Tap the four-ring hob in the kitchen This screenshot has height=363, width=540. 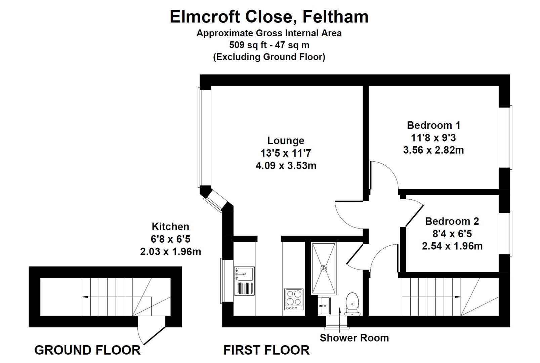pyautogui.click(x=294, y=299)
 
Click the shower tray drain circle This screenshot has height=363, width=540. pyautogui.click(x=324, y=268)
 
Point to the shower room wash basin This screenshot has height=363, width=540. pyautogui.click(x=324, y=306)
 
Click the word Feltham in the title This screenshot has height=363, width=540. pyautogui.click(x=335, y=17)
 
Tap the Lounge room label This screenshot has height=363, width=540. pyautogui.click(x=286, y=140)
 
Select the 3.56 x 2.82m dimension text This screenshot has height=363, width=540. pyautogui.click(x=433, y=150)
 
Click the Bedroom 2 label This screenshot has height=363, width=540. pyautogui.click(x=452, y=221)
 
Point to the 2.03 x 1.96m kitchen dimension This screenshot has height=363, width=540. pyautogui.click(x=170, y=251)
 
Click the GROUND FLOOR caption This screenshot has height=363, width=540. pyautogui.click(x=87, y=350)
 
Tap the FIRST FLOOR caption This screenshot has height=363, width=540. pyautogui.click(x=266, y=350)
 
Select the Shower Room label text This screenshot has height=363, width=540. pyautogui.click(x=354, y=338)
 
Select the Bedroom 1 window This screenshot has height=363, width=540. pyautogui.click(x=505, y=137)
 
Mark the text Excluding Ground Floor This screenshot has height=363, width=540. pyautogui.click(x=269, y=57)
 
